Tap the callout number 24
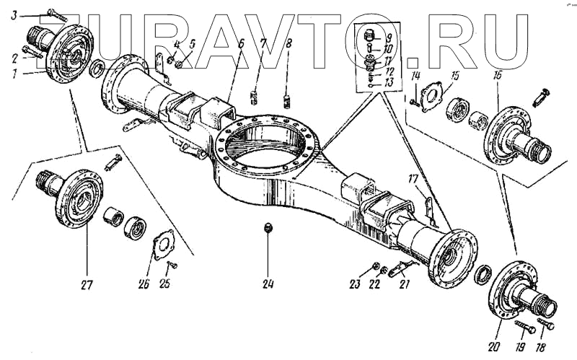[x=268, y=283]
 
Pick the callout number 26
[x=143, y=284]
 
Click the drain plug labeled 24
[x=268, y=229]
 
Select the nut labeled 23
[x=376, y=268]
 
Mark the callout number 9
[x=389, y=38]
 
